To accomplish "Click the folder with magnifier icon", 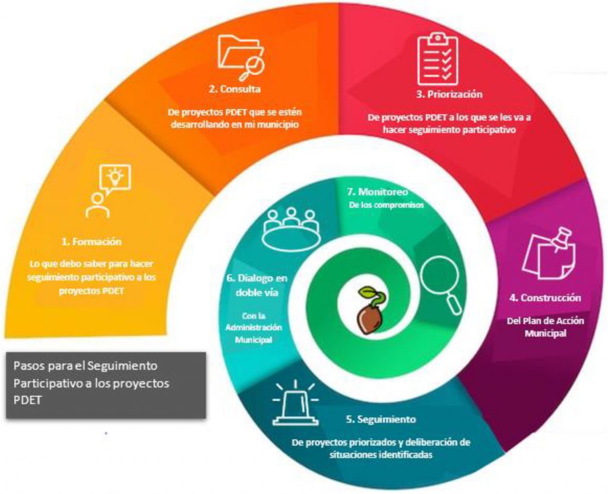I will click(x=240, y=57).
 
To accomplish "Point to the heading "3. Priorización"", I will click(x=449, y=94).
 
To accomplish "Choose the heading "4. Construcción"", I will click(x=546, y=297).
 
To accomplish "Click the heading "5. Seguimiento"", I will click(x=381, y=419).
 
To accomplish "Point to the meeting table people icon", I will click(x=291, y=229).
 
